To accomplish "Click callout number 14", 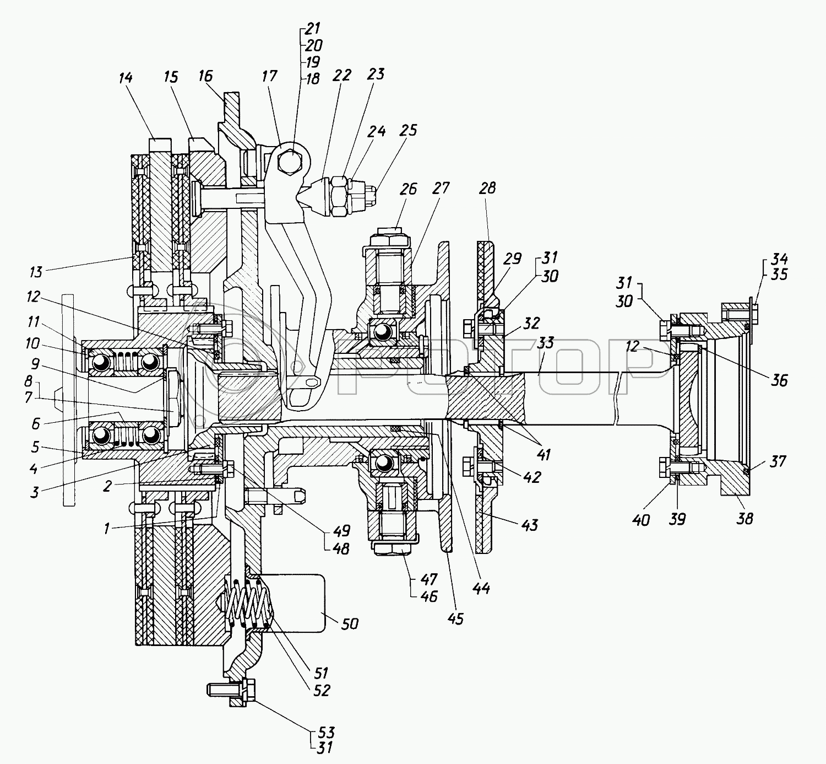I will (126, 77).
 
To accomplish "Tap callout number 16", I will (205, 76).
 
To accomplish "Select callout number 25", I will (409, 130).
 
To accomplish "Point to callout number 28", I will (487, 188).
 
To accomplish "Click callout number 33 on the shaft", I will (545, 343).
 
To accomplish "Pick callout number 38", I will (745, 518).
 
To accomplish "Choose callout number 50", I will (350, 623).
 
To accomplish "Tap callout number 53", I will (326, 732).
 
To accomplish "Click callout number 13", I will (36, 271).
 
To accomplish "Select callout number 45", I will (455, 618).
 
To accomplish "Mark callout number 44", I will (481, 588).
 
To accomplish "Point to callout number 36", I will (779, 380).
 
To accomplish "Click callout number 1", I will (107, 528).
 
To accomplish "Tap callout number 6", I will (36, 423).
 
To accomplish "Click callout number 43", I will (529, 525).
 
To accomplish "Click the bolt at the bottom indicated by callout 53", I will (231, 688).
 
